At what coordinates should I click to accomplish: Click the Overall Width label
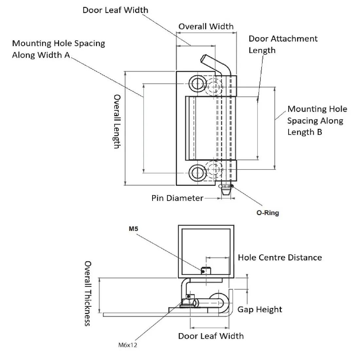[206, 27]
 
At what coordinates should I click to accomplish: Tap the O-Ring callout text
[267, 213]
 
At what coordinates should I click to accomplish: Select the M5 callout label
[133, 229]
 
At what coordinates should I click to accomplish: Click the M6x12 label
[127, 345]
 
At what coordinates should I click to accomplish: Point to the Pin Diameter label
[177, 198]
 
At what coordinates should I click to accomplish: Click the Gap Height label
[260, 309]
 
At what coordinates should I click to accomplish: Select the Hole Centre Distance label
[279, 258]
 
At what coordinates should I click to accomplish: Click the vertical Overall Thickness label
[88, 293]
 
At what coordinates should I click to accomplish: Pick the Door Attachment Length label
[283, 44]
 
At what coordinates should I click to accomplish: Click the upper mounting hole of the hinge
[197, 83]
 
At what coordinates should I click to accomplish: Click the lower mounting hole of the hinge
[197, 172]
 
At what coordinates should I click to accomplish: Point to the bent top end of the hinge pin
[206, 60]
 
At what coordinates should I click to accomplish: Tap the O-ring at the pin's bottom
[225, 186]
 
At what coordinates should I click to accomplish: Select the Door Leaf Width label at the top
[115, 10]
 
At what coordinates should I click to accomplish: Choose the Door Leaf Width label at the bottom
[211, 336]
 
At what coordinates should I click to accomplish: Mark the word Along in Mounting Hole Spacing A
[23, 55]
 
